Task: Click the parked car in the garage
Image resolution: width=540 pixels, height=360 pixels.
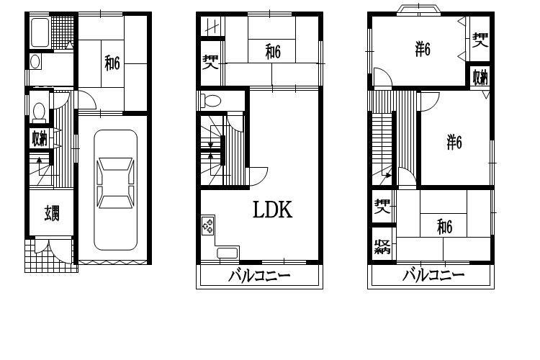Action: [116, 190]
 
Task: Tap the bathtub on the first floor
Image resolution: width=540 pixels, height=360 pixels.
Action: [40, 32]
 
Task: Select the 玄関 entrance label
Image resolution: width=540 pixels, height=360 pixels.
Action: [52, 213]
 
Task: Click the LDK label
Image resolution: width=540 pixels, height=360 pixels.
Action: [272, 210]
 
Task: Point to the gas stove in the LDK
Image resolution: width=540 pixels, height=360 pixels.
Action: [207, 225]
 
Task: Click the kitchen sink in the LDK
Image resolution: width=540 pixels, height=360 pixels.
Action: [228, 253]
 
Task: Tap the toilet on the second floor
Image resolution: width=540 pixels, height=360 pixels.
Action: [212, 101]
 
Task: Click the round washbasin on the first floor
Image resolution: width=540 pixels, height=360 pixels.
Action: [35, 62]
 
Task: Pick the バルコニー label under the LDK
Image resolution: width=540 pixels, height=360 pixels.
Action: [259, 276]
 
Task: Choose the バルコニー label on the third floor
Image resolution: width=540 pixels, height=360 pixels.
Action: [433, 275]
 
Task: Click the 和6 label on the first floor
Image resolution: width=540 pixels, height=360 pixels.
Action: [112, 63]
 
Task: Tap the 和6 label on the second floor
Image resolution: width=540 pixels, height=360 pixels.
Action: [273, 52]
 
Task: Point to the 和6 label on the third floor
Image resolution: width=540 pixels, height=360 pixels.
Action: [445, 227]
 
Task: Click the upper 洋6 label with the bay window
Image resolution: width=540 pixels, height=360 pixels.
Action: [423, 49]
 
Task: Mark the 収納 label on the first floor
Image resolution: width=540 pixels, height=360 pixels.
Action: [40, 138]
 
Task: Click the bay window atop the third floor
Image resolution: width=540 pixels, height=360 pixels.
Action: [418, 9]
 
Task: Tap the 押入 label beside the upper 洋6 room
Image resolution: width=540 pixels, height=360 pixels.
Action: [480, 40]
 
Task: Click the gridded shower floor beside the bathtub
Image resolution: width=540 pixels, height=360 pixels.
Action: [63, 32]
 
